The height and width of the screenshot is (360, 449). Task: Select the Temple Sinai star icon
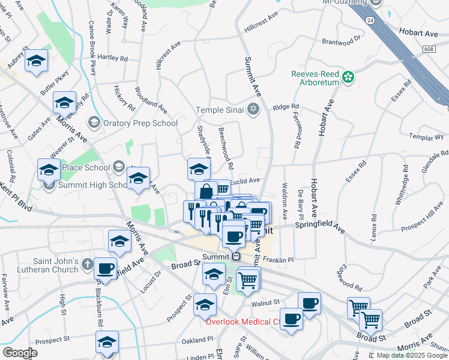[253, 109]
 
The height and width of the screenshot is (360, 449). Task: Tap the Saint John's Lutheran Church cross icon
[87, 263]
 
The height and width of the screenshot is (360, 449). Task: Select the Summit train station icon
[237, 256]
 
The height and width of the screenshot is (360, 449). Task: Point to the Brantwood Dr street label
[341, 40]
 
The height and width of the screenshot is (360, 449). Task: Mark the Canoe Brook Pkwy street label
[92, 55]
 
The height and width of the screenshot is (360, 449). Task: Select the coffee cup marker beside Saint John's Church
[106, 269]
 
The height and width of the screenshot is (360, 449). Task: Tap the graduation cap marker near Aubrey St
[36, 61]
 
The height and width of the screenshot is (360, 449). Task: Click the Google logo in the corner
[20, 353]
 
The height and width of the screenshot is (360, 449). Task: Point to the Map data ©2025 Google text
[412, 355]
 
